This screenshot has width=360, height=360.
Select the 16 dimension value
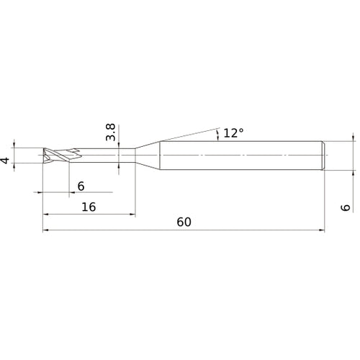coord(88,207)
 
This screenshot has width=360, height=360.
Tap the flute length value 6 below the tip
coord(81,186)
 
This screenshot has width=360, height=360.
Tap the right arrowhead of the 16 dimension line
coord(131,215)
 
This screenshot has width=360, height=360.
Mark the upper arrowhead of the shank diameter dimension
coord(353,138)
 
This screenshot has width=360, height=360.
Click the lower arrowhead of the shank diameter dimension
coord(353,173)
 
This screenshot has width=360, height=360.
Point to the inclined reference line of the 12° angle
coord(191,135)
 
